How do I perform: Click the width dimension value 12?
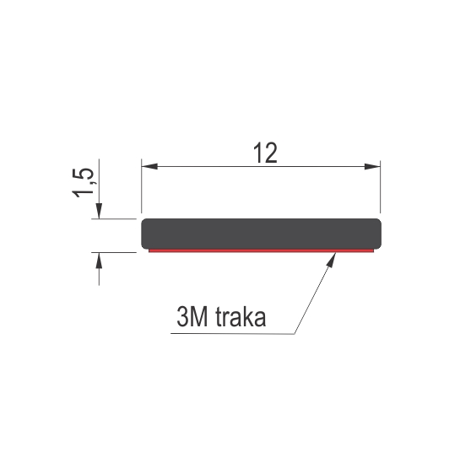265,153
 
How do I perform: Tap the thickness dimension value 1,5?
83,183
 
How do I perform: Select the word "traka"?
241,317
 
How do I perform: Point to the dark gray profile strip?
262,234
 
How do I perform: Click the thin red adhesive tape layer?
262,250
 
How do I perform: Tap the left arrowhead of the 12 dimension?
149,166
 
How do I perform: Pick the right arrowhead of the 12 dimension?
372,166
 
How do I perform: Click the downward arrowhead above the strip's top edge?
99,211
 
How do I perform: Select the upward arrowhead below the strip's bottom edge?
99,261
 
